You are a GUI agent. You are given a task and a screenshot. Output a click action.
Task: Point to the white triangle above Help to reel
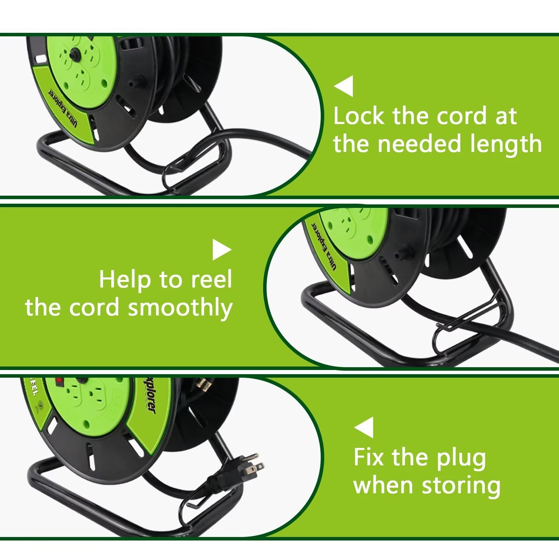221,250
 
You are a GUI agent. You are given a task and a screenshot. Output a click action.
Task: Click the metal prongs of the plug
256,465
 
